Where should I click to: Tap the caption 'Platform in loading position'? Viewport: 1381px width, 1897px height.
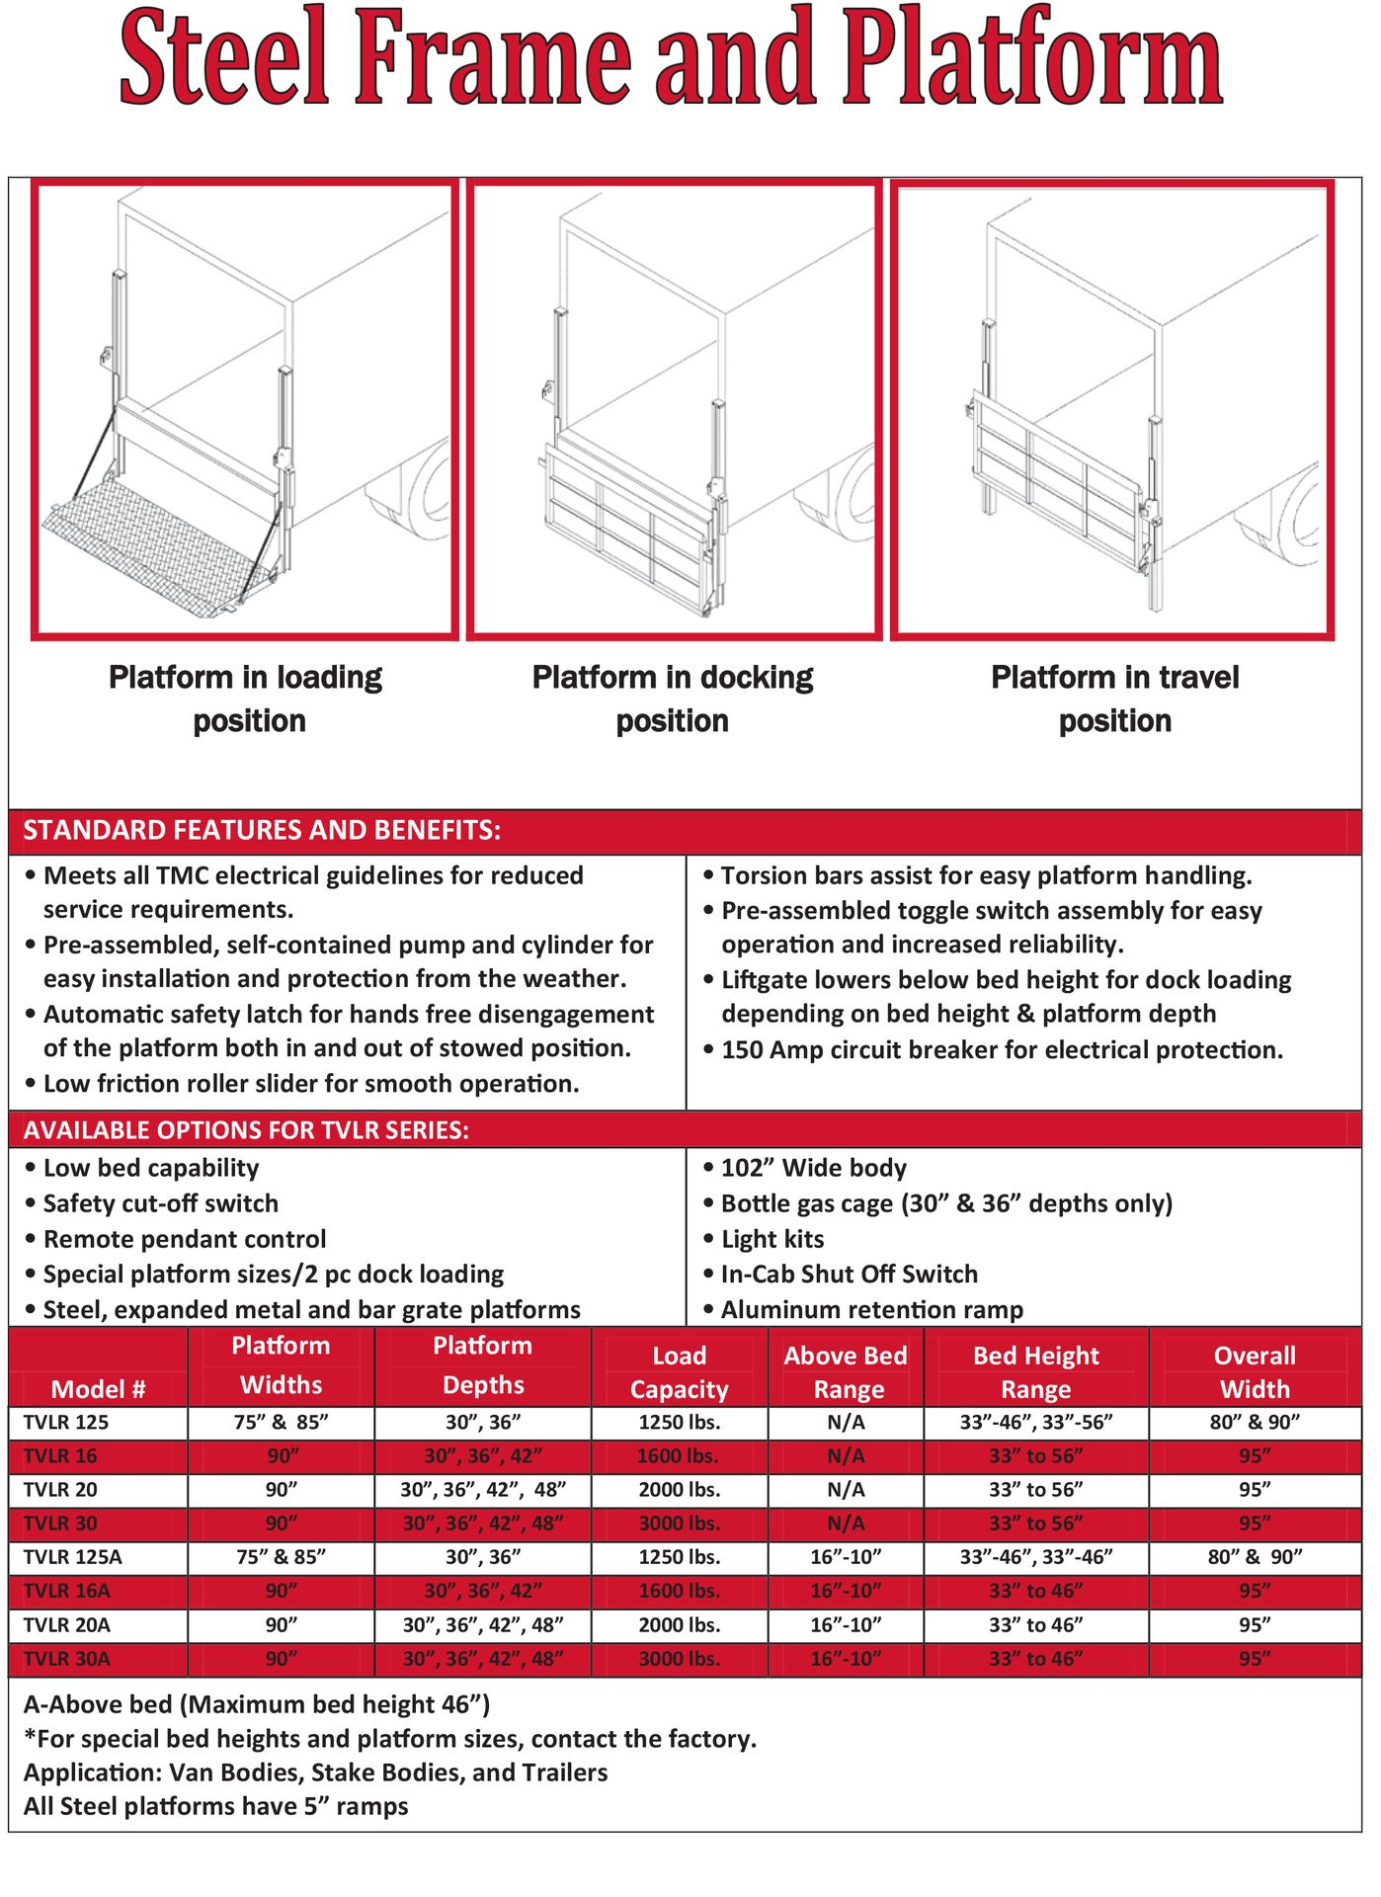coord(246,699)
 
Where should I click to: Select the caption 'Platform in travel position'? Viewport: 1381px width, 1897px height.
coord(1114,699)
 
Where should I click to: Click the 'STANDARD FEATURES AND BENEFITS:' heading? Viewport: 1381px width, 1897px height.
coord(262,830)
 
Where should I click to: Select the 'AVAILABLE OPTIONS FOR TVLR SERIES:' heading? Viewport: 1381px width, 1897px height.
coord(246,1129)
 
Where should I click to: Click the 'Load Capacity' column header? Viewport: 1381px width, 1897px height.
coord(679,1372)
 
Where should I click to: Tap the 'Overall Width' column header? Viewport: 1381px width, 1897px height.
coord(1255,1372)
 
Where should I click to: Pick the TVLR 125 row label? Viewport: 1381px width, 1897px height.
coord(66,1422)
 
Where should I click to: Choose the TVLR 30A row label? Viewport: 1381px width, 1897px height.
coord(67,1658)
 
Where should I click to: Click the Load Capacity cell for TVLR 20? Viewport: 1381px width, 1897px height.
coord(679,1489)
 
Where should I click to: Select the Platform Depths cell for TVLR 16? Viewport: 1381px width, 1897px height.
coord(483,1455)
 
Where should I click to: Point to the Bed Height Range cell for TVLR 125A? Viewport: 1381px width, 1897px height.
coord(1036,1557)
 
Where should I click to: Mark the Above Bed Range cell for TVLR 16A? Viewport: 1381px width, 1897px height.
coord(846,1591)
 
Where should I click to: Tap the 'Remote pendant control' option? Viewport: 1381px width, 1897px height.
coord(185,1239)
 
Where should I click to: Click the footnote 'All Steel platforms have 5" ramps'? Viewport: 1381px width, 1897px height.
coord(216,1806)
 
